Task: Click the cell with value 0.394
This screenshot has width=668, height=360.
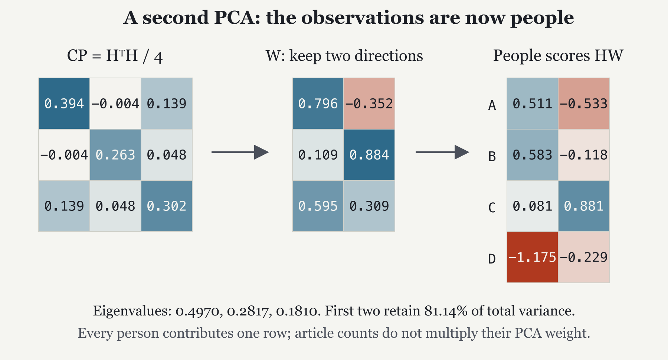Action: click(64, 104)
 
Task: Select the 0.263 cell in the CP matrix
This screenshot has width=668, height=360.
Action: click(115, 155)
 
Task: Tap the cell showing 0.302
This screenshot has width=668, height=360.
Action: click(167, 206)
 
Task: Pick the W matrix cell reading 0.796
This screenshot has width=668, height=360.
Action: click(318, 104)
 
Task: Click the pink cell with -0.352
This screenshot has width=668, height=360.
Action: click(369, 104)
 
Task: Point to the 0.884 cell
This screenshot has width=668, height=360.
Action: click(369, 155)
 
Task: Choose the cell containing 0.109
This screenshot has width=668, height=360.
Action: click(318, 155)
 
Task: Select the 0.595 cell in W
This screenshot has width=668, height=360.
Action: click(318, 206)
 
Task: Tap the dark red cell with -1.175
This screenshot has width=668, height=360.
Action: click(533, 257)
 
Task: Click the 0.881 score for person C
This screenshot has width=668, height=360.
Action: click(584, 206)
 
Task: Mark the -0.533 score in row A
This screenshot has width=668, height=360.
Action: click(584, 104)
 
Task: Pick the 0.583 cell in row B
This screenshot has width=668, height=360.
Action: click(533, 155)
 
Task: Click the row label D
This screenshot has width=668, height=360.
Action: click(492, 259)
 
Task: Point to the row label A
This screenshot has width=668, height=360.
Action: click(492, 105)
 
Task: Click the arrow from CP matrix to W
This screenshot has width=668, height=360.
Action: click(240, 152)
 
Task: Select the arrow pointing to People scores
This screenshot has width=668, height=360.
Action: click(442, 152)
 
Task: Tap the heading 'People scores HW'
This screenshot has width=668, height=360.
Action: click(558, 56)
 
